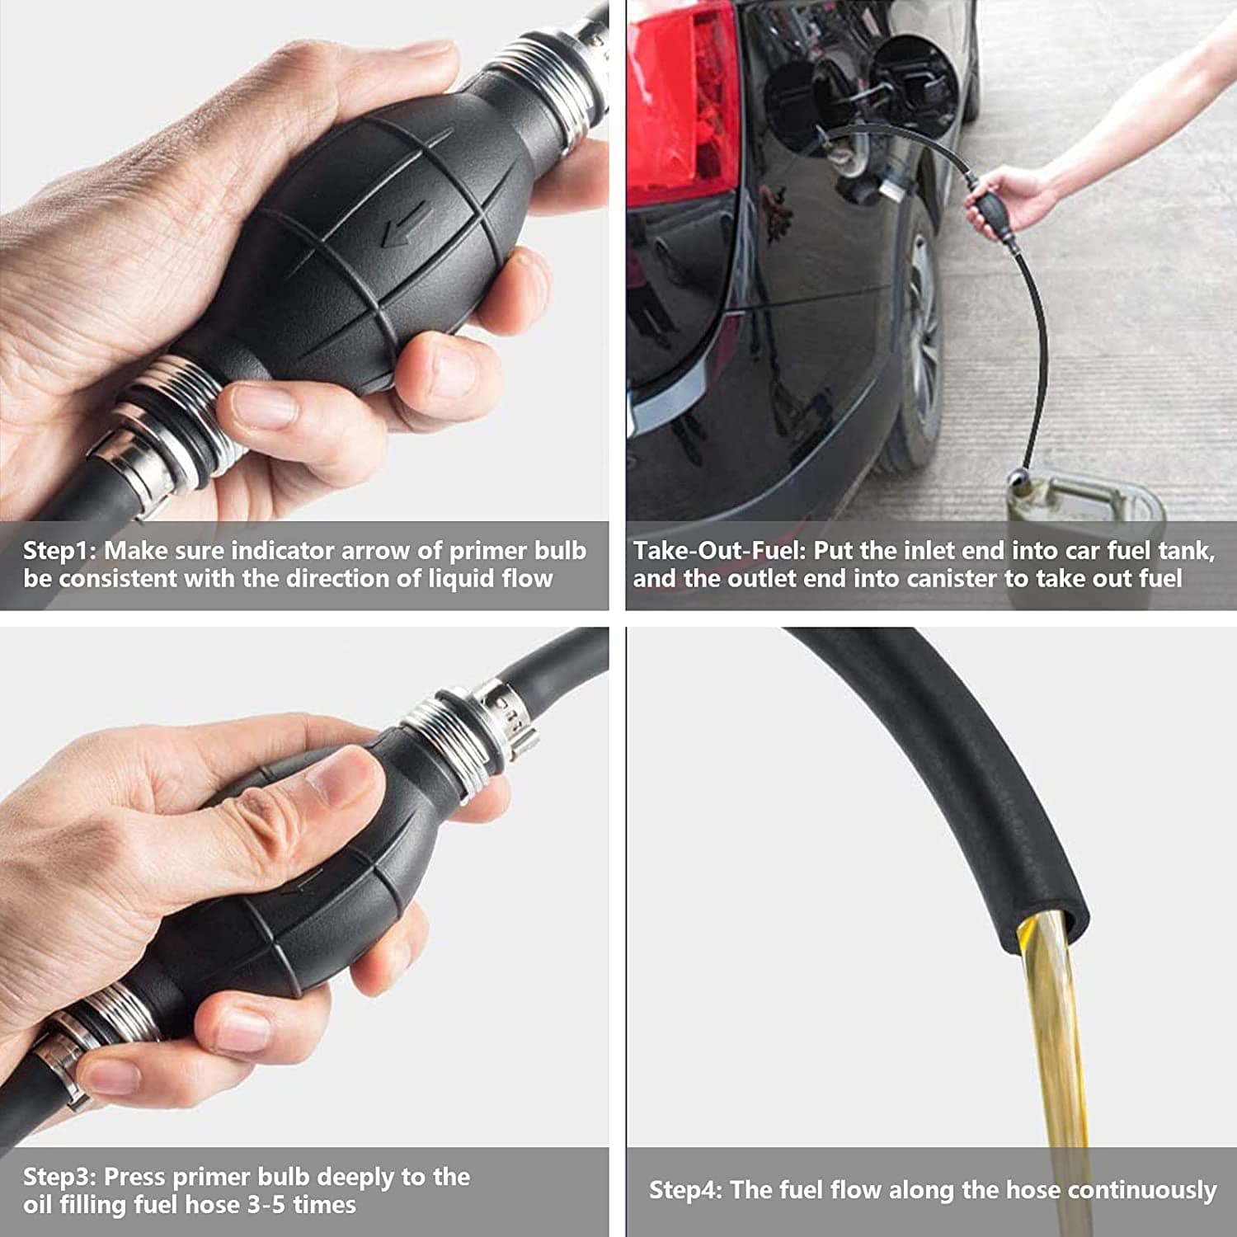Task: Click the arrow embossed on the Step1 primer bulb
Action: (x=403, y=223)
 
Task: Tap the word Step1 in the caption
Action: (x=59, y=551)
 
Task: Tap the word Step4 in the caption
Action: (x=686, y=1190)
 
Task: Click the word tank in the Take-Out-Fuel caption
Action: (x=1186, y=550)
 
